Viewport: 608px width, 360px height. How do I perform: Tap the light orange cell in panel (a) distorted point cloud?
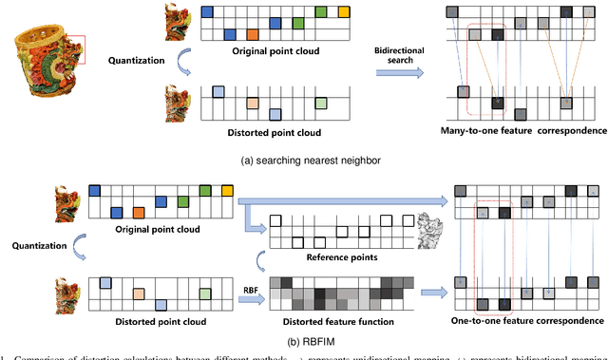tap(252, 101)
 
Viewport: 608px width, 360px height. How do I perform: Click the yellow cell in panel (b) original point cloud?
tap(226, 193)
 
